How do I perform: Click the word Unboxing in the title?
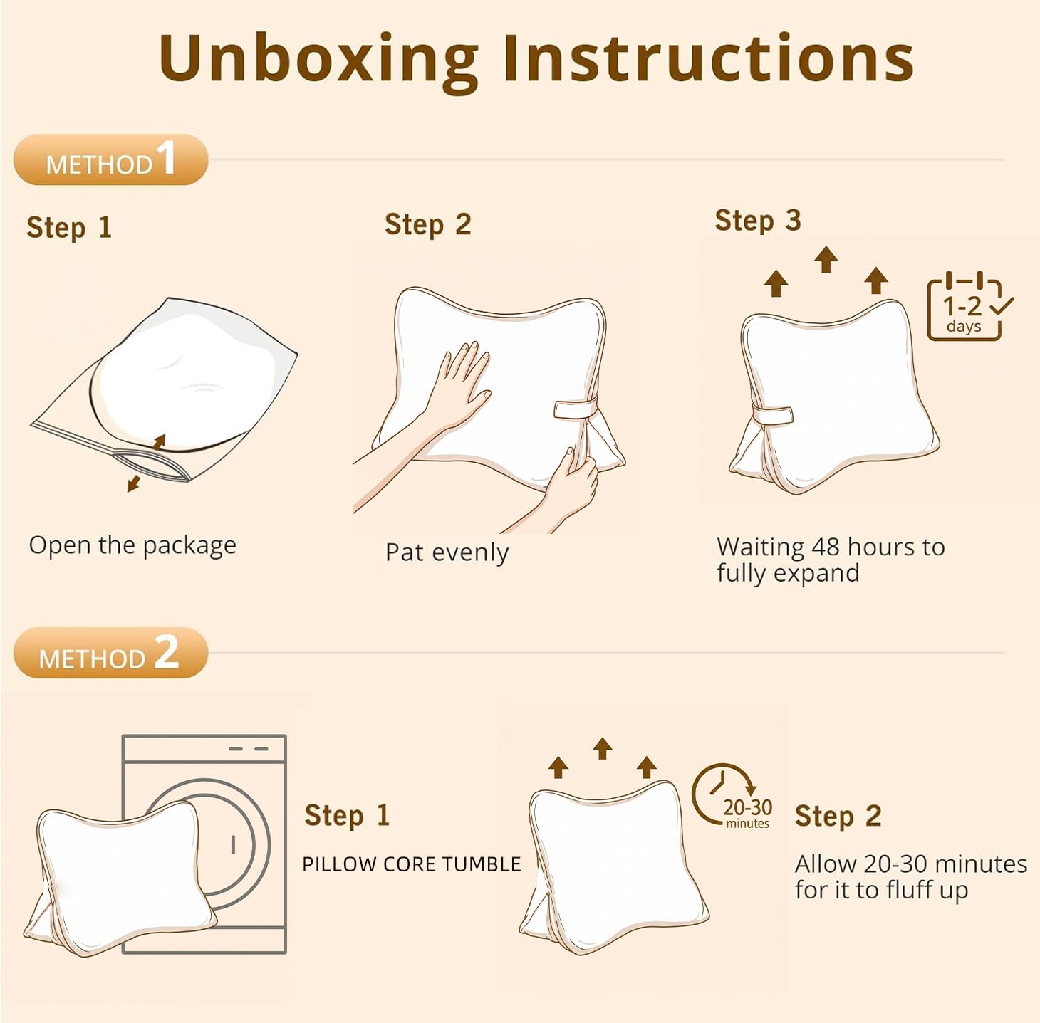[319, 60]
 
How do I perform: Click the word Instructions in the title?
[708, 57]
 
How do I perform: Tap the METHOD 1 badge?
[110, 159]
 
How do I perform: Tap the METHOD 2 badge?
[110, 653]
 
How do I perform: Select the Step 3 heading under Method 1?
[758, 221]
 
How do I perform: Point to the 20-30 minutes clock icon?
[732, 796]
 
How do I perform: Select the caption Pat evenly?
[447, 553]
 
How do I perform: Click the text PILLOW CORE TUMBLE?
[411, 864]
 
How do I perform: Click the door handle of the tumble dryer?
[233, 844]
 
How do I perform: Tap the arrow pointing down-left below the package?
[133, 483]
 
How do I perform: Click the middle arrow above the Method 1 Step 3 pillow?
[826, 260]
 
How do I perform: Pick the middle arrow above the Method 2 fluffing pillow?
[603, 748]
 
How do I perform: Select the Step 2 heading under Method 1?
[428, 225]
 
